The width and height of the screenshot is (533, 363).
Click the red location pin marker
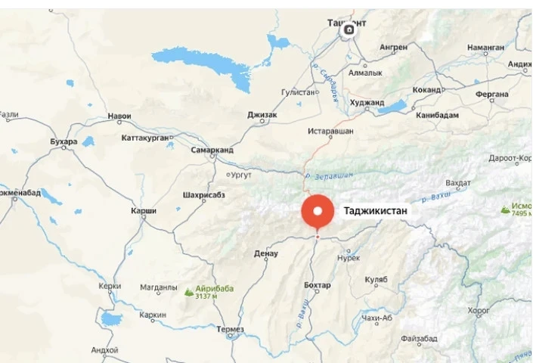click(x=318, y=211)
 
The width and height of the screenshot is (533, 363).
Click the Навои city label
click(x=119, y=116)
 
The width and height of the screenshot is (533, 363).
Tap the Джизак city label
click(x=262, y=115)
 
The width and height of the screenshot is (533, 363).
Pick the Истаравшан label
click(x=330, y=132)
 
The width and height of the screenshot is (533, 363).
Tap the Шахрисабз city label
click(x=204, y=195)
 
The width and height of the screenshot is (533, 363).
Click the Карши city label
click(x=144, y=209)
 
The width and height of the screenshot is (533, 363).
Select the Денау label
click(x=266, y=253)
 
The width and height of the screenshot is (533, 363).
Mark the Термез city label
click(x=229, y=329)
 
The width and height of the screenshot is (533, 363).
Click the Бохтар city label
click(x=317, y=285)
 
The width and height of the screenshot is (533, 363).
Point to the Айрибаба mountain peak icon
click(x=187, y=290)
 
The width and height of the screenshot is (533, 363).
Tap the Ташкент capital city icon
click(x=349, y=30)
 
